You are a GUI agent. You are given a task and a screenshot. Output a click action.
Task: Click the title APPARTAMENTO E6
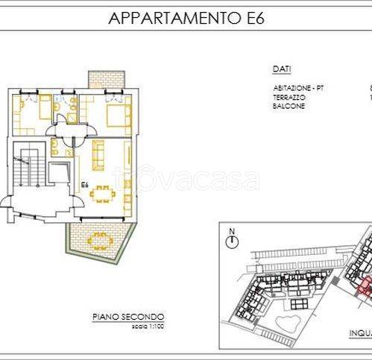(x=186, y=17)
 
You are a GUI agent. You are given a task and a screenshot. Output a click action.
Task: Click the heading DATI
(x=281, y=69)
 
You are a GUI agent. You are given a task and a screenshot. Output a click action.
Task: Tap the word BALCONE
(x=288, y=105)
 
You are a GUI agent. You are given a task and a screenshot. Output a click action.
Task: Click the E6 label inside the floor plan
(x=84, y=183)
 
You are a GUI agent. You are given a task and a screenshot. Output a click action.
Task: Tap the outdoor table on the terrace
(x=98, y=241)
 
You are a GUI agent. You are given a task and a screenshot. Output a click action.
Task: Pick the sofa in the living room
(x=98, y=154)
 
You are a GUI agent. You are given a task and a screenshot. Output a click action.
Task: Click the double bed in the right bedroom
(x=117, y=116)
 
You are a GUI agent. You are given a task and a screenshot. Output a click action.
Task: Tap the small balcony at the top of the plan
(x=104, y=79)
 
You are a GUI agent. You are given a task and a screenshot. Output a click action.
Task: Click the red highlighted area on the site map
(x=361, y=291)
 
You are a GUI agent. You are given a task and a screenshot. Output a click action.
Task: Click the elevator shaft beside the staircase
(x=55, y=173)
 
